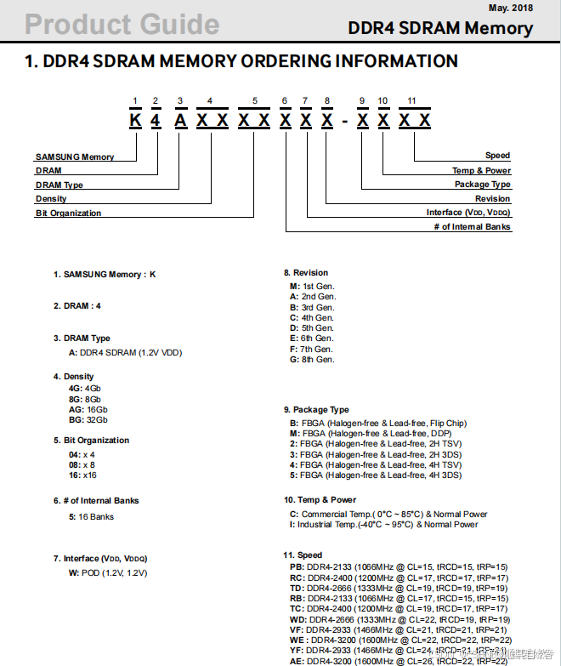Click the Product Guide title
pyautogui.click(x=122, y=24)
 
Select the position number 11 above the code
pyautogui.click(x=411, y=102)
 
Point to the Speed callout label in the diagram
pyautogui.click(x=497, y=156)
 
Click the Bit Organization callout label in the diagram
pyautogui.click(x=68, y=213)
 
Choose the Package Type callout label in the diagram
pyautogui.click(x=482, y=185)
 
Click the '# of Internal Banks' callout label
pyautogui.click(x=472, y=227)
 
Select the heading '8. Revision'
pyautogui.click(x=305, y=273)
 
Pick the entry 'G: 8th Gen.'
pyautogui.click(x=312, y=360)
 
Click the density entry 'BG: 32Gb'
pyautogui.click(x=88, y=419)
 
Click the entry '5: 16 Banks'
pyautogui.click(x=91, y=517)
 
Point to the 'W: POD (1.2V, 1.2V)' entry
pyautogui.click(x=108, y=573)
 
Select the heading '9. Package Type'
pyautogui.click(x=316, y=410)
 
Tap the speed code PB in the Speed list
pyautogui.click(x=297, y=566)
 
